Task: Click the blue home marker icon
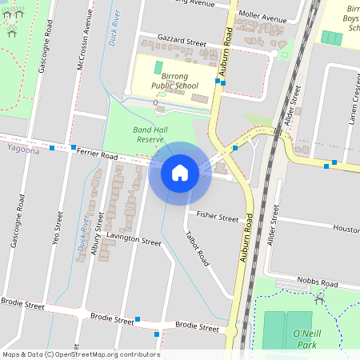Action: (x=179, y=172)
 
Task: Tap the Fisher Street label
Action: (x=218, y=217)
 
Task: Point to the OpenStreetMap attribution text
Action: (x=80, y=354)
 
